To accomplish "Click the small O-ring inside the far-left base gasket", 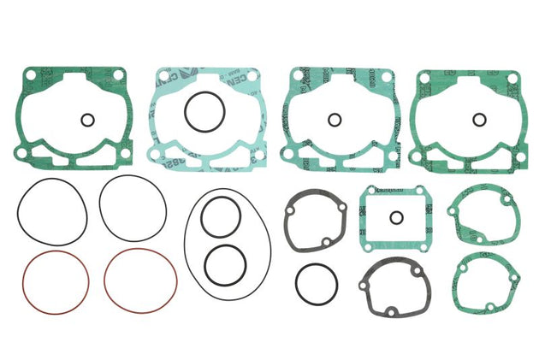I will pos(86,120).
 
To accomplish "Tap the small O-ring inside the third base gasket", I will pos(335,119).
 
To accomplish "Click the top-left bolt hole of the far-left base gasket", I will pos(30,77).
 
